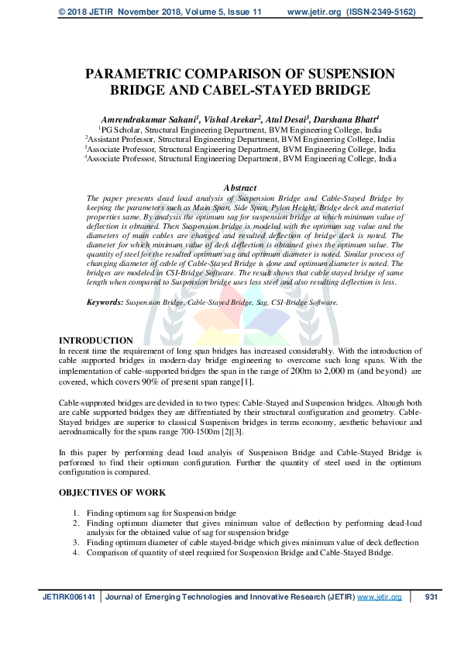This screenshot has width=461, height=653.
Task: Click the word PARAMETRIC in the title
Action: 136,74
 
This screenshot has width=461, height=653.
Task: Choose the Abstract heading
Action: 241,188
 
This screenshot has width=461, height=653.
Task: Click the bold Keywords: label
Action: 104,302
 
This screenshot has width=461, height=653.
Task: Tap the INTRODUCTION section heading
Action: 96,340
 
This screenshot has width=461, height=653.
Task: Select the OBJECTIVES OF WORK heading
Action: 112,492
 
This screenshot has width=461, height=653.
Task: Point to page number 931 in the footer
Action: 432,597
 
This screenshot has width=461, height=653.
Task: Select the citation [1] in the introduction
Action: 246,382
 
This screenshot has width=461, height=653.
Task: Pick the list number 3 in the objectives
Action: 76,543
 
